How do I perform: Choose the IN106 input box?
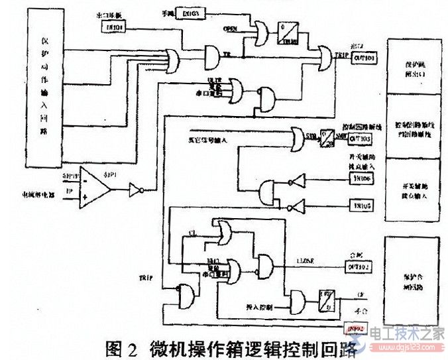357,180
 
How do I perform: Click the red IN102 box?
357,327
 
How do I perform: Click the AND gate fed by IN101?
215,53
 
